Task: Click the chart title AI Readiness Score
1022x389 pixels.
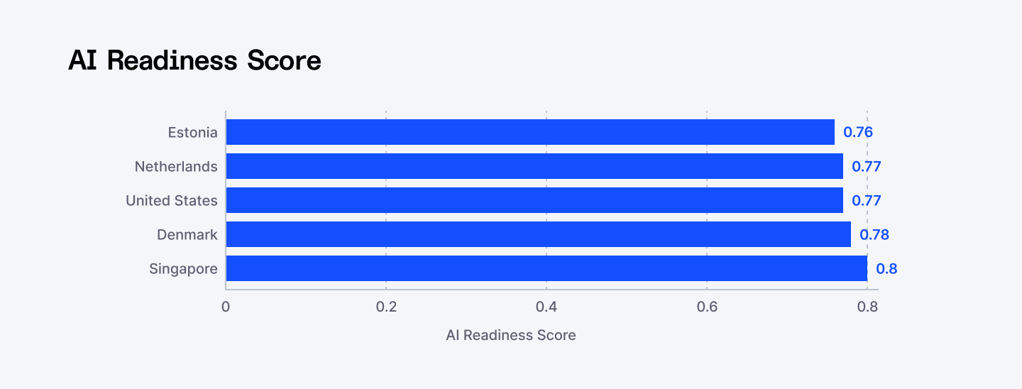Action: [x=194, y=61]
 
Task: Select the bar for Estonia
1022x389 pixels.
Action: [x=530, y=132]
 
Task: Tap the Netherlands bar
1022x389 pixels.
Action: [x=534, y=166]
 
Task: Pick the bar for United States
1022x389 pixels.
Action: [x=534, y=200]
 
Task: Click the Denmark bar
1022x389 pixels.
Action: [x=538, y=234]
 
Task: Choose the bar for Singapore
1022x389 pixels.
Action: [x=546, y=268]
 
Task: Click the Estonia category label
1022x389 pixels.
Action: [x=192, y=132]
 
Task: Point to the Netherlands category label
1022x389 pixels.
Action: [x=176, y=166]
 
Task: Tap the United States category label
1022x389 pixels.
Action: [x=172, y=200]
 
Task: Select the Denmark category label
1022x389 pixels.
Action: [x=187, y=234]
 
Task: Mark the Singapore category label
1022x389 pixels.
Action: [x=183, y=268]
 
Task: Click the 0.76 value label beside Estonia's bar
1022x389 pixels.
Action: [x=857, y=132]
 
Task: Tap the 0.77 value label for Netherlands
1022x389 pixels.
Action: [x=866, y=166]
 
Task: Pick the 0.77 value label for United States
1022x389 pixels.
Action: [x=866, y=200]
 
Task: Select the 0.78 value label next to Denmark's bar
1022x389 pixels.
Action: [x=874, y=234]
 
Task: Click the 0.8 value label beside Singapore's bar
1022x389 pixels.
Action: [x=886, y=268]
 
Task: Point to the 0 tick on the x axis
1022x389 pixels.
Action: [x=226, y=307]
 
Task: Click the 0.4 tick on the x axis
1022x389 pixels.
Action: [x=546, y=307]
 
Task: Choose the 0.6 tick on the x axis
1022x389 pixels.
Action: [x=707, y=307]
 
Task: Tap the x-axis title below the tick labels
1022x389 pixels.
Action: [x=511, y=335]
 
